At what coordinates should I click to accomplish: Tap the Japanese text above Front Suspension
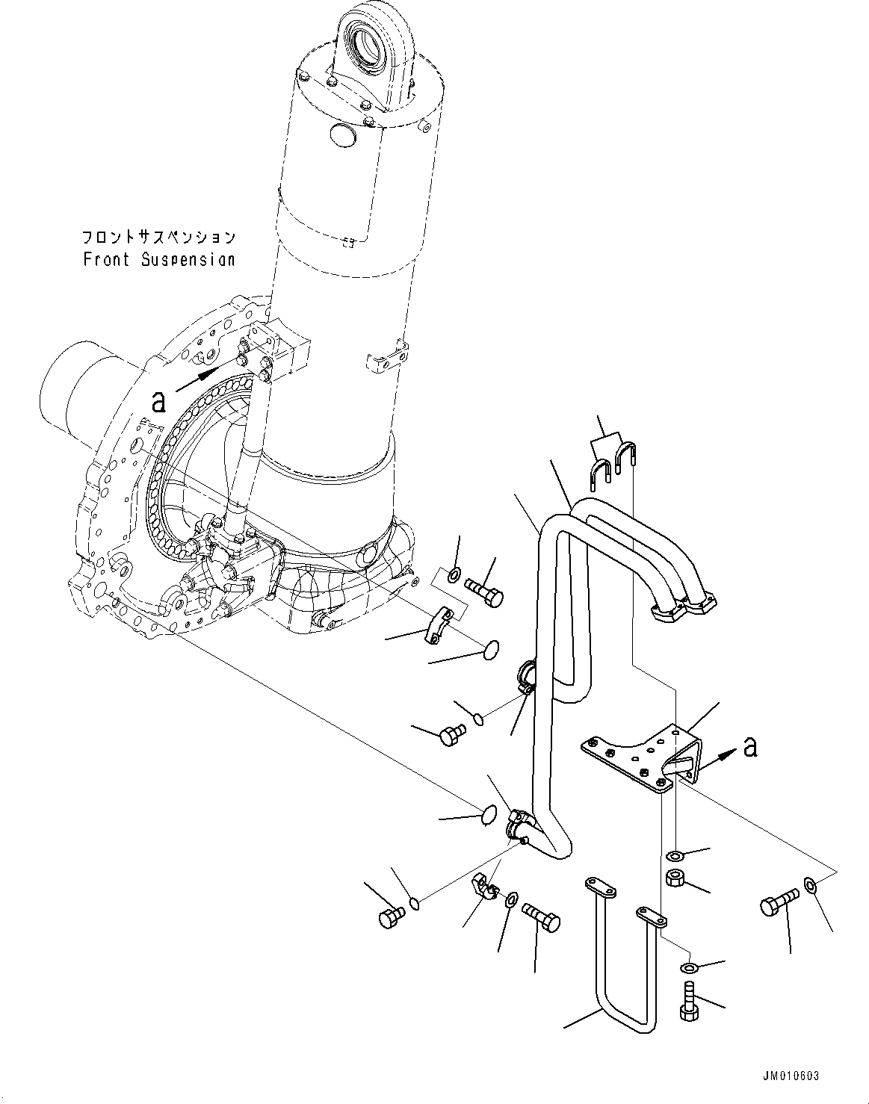(x=158, y=238)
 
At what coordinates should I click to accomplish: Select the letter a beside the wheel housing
(x=158, y=402)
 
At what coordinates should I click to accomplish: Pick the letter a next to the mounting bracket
(x=750, y=745)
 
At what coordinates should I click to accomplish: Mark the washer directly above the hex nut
(x=674, y=855)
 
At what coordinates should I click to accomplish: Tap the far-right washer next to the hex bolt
(x=811, y=886)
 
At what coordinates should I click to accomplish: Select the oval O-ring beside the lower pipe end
(x=486, y=816)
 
